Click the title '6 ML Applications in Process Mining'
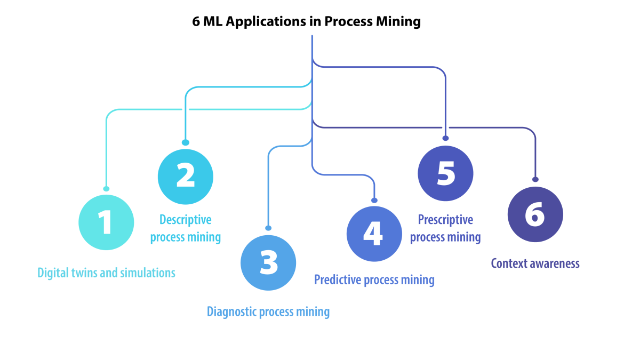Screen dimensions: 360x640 pos(307,22)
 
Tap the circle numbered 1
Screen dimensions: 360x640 pos(106,222)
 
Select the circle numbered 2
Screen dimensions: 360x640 pos(186,177)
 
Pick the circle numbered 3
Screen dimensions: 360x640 pos(268,262)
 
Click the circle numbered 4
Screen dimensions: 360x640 pos(374,234)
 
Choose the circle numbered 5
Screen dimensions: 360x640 pos(445,173)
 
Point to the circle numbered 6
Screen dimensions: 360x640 pos(535,214)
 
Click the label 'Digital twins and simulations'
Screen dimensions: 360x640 pos(106,273)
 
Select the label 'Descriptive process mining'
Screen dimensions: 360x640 pos(186,228)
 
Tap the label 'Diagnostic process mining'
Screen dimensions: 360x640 pos(268,311)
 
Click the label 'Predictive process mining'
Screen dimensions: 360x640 pos(374,279)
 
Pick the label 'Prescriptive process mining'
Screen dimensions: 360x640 pos(445,228)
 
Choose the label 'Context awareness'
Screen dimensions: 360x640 pos(535,263)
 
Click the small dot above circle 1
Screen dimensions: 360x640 pos(106,188)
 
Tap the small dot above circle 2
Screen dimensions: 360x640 pos(186,142)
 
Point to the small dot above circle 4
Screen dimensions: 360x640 pos(374,200)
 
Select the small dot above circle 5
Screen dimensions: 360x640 pos(445,138)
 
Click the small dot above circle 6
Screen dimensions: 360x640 pos(535,179)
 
